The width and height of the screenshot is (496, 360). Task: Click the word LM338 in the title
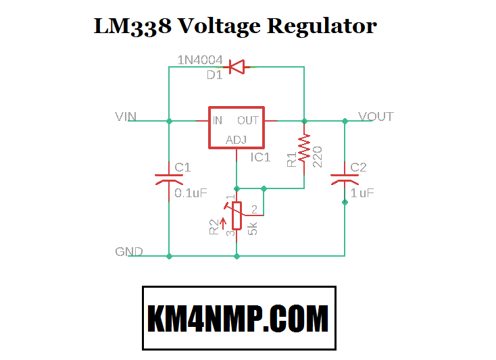tap(126, 26)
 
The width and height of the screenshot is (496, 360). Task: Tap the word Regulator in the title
tap(322, 27)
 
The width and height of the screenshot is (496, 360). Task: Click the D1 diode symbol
tap(237, 67)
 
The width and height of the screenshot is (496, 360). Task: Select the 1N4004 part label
tap(200, 60)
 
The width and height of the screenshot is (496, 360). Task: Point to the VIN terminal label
tap(126, 117)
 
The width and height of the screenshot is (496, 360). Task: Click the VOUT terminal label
tap(376, 117)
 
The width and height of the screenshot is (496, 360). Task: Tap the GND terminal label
tap(128, 252)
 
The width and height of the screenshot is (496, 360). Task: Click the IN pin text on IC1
tap(218, 121)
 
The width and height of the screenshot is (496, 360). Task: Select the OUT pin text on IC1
tap(248, 121)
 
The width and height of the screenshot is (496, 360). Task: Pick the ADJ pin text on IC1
tap(236, 140)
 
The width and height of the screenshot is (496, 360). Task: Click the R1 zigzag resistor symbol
tap(304, 148)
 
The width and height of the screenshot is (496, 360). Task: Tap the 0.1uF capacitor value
tap(191, 193)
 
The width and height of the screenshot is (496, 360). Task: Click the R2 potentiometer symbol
tap(237, 215)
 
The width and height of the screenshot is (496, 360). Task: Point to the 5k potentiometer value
tap(253, 228)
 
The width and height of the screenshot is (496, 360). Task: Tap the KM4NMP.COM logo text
tap(238, 318)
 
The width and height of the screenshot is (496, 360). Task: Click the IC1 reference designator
tap(260, 157)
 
